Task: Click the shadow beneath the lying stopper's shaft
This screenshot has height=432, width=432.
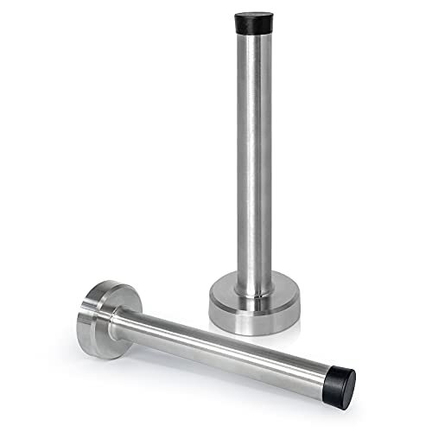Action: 216,372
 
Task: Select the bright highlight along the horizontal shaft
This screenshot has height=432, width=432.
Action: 216,332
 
